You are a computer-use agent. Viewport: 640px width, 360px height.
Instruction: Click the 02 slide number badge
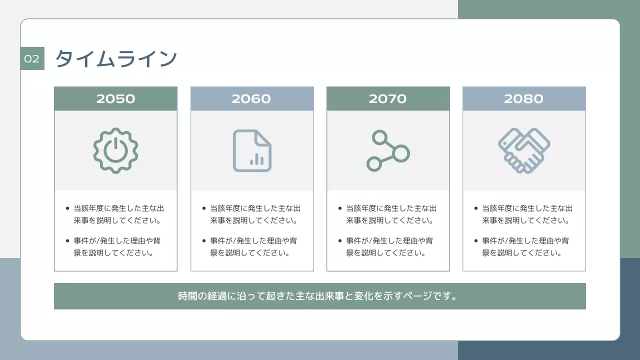coord(32,58)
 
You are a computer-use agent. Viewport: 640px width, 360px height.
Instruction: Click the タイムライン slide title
coord(116,58)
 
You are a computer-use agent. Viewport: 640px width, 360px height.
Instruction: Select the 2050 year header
coord(115,98)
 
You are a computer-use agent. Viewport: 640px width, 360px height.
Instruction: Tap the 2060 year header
coord(251,98)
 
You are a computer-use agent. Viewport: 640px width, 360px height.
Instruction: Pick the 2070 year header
coord(387,98)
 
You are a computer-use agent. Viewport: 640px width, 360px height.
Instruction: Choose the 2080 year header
coord(523,98)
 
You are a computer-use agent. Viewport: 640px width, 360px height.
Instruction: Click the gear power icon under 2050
coord(115,150)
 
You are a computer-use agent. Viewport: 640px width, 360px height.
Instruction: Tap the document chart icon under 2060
coord(252,150)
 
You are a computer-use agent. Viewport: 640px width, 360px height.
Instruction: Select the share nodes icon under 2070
coord(387,150)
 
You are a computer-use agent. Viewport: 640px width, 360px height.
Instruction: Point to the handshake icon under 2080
coord(523,150)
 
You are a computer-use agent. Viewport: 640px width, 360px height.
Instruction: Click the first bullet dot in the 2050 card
coord(68,208)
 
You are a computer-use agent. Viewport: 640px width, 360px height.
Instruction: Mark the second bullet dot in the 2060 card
coord(204,240)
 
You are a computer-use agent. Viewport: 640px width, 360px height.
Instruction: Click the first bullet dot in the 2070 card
coord(340,208)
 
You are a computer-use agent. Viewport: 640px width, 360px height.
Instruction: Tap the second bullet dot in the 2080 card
coord(476,240)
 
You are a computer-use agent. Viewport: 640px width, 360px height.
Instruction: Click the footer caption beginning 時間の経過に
coord(319,296)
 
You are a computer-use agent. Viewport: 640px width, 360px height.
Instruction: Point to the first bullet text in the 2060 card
coord(255,214)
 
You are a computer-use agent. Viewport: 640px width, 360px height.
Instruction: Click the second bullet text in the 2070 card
coord(389,246)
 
